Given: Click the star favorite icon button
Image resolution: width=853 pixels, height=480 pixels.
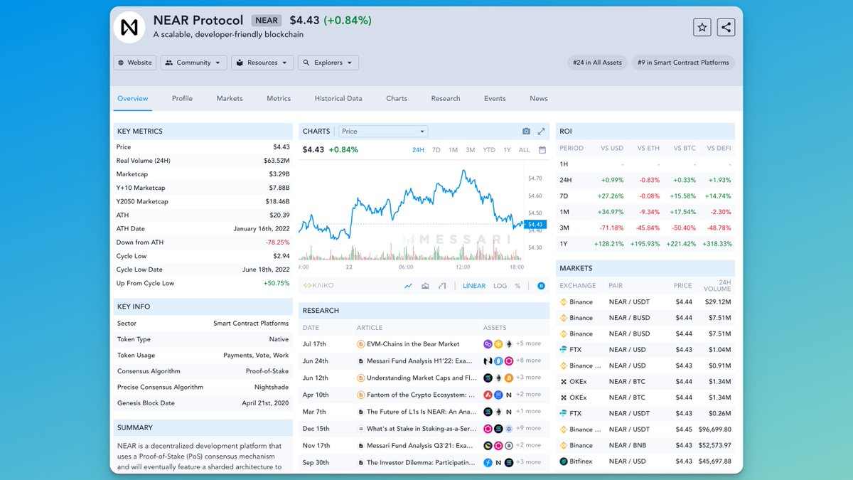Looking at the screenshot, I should pyautogui.click(x=702, y=27).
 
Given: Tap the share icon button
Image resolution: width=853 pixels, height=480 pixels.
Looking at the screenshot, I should pyautogui.click(x=726, y=27).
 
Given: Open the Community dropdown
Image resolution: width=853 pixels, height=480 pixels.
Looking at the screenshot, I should pyautogui.click(x=194, y=63).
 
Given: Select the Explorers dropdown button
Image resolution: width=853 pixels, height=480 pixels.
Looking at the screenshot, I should pyautogui.click(x=328, y=63).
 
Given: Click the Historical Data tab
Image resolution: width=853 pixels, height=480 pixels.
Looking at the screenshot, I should pyautogui.click(x=338, y=98).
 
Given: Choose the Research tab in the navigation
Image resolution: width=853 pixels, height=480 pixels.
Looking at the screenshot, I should pyautogui.click(x=446, y=98).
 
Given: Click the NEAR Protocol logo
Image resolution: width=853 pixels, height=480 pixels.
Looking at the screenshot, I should pyautogui.click(x=129, y=27).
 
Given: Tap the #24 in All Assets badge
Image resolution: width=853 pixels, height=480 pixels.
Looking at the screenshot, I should pyautogui.click(x=597, y=63).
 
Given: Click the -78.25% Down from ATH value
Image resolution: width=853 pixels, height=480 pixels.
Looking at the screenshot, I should pyautogui.click(x=277, y=242).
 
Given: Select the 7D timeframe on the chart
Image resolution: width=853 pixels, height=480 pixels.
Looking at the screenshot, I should pyautogui.click(x=436, y=150).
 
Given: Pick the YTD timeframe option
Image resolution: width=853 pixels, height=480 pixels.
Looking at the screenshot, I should pyautogui.click(x=489, y=150).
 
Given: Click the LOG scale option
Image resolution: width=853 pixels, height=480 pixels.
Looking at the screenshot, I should pyautogui.click(x=500, y=286).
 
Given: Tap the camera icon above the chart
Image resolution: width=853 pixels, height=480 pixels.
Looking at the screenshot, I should pyautogui.click(x=526, y=132).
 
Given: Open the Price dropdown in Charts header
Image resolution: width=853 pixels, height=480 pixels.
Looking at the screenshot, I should pyautogui.click(x=383, y=132).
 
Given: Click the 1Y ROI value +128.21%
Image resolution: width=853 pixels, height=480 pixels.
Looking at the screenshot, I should pyautogui.click(x=608, y=244).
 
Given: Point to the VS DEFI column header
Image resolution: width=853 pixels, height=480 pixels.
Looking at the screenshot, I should pyautogui.click(x=719, y=148).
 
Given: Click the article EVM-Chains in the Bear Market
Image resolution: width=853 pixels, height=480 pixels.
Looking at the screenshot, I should pyautogui.click(x=413, y=343).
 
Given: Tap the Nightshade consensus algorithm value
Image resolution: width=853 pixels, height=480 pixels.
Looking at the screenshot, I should pyautogui.click(x=272, y=387).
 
